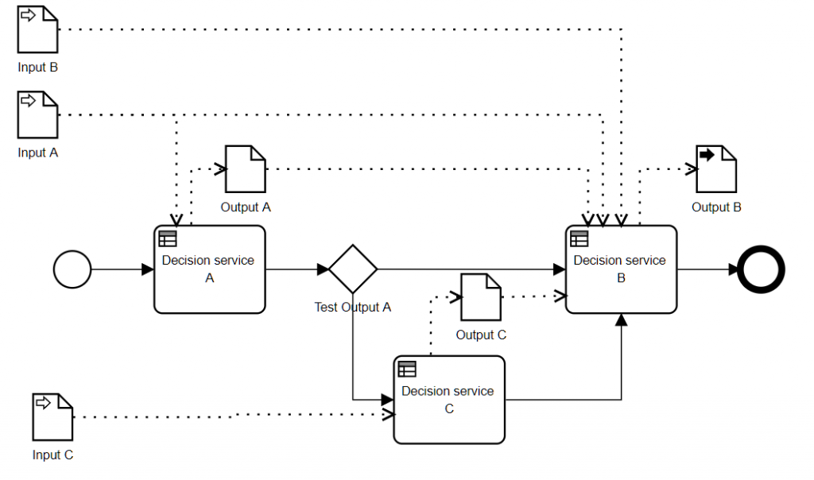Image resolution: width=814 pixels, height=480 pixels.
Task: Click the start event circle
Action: coord(72,269)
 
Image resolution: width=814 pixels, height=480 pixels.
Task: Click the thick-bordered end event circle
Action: coord(761,269)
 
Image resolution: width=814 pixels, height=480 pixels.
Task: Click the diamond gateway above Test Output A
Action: coord(352,269)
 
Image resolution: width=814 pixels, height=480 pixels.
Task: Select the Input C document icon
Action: coord(52,416)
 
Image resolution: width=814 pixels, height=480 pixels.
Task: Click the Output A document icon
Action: coord(245,168)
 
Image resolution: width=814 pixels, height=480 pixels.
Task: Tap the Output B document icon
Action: coord(716,168)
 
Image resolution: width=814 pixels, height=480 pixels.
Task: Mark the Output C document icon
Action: coord(481,296)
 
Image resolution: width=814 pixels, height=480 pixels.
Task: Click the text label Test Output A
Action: coord(353,308)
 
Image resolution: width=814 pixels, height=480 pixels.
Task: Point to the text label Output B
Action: coord(716,207)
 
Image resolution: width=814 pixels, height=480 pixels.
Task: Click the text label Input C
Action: coord(52,455)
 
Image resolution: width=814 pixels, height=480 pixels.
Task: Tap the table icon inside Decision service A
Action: coord(168,238)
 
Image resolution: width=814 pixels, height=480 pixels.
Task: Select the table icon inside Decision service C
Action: coord(407,369)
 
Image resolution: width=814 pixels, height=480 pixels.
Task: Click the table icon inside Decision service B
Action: coord(579,238)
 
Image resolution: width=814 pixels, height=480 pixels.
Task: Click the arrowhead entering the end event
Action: coord(732,269)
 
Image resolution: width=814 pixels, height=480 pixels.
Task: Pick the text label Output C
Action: coord(481,335)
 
